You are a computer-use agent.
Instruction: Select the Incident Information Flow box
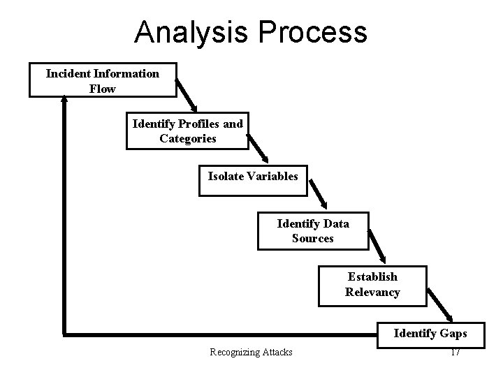click(102, 80)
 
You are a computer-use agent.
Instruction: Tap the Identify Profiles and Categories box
click(187, 131)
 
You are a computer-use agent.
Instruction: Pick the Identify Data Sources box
click(312, 231)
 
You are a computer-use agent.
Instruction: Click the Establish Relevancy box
click(372, 285)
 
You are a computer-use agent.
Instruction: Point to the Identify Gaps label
click(430, 333)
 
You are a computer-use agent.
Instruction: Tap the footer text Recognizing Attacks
click(251, 352)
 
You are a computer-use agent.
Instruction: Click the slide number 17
click(455, 352)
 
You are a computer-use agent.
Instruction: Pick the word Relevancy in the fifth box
click(372, 292)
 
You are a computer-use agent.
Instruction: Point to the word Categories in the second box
click(187, 138)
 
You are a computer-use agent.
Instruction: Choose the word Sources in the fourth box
click(312, 238)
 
